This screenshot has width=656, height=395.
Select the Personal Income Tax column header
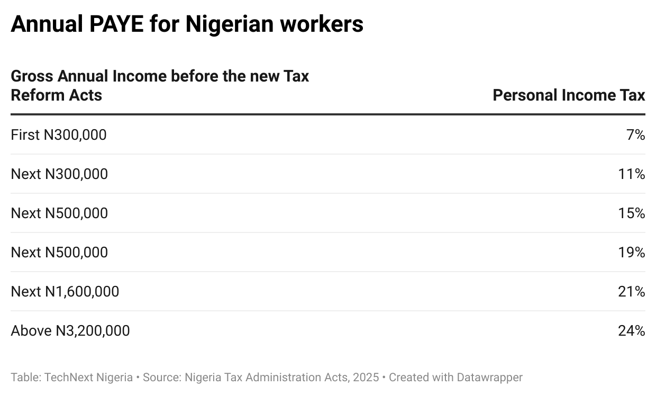pos(569,95)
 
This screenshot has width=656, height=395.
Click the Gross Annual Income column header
pos(160,86)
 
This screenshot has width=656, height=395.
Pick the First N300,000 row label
pos(59,135)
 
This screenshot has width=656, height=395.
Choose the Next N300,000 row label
pos(59,174)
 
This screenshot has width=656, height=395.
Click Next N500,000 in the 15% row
pos(59,213)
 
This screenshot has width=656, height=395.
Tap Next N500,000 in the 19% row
pos(59,253)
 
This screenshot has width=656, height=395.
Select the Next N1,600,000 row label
pos(65,292)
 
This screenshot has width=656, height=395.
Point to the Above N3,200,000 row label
pos(70,331)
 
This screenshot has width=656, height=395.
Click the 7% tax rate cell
pos(635,135)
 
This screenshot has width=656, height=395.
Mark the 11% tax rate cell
pos(632,174)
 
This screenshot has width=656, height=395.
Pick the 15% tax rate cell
pos(632,213)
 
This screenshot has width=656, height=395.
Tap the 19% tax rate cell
pos(632,253)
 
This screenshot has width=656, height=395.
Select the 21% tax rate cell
pos(632,292)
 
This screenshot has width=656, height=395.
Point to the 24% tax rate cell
pos(632,331)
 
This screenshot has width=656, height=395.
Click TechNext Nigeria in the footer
pos(88,378)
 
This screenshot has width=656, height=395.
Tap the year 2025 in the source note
pos(366,378)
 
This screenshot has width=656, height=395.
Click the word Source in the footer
pos(159,378)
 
